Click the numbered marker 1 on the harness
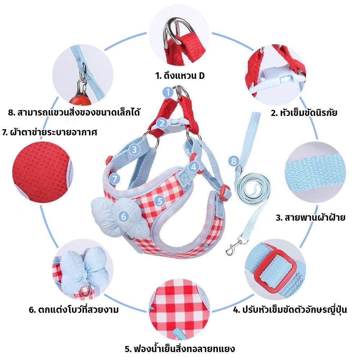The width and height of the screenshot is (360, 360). pos(168,92)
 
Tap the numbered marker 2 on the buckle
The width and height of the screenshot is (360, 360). pos(162,123)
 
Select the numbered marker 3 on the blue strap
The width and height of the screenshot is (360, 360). pos(134,150)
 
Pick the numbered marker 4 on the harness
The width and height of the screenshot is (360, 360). pos(194,167)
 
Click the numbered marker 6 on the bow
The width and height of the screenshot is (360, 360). pos(123,216)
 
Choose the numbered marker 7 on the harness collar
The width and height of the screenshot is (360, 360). pos(114,179)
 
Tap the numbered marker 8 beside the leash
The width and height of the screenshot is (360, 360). pos(234,161)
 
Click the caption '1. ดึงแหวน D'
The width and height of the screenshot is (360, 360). pos(180,76)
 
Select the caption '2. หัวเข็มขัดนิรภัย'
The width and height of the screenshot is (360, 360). pos(304,113)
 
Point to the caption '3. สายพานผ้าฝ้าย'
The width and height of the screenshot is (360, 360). pos(310,217)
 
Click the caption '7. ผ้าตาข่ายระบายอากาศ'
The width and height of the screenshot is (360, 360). pos(50,132)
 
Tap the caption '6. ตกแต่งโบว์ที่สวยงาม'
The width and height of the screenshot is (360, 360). pos(74,310)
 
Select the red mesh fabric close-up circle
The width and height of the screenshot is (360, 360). pos(42,172)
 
